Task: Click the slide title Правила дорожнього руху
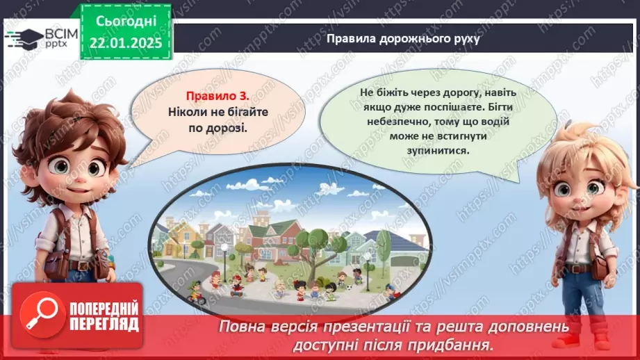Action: pos(404,40)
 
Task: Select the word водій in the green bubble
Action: pos(495,121)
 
